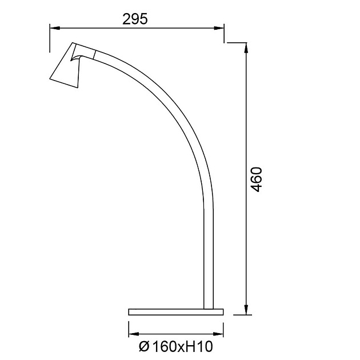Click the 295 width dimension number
click(x=135, y=19)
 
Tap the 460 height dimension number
click(x=256, y=179)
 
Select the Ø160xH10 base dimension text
click(x=176, y=346)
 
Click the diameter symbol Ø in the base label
click(x=144, y=346)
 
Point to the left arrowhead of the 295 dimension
click(x=55, y=28)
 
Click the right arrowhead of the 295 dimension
click(x=219, y=28)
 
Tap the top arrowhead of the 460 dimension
click(x=246, y=48)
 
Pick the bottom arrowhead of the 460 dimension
click(x=246, y=310)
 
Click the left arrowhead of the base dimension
click(x=134, y=334)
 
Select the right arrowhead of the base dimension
click(x=218, y=334)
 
